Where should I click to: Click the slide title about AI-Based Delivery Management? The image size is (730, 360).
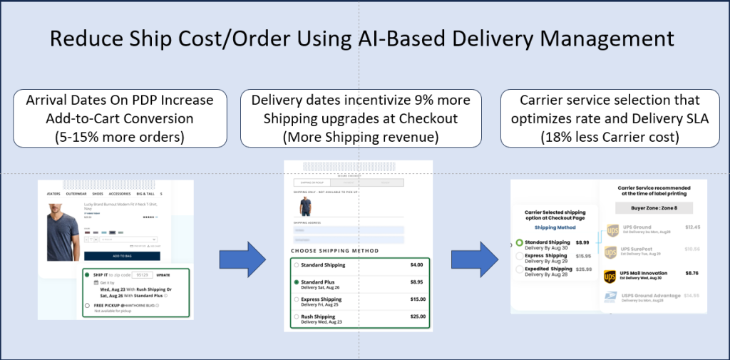364,38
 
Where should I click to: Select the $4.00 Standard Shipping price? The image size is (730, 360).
416,265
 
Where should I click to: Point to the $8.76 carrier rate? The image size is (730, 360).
691,272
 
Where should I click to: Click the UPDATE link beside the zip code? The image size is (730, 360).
163,274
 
